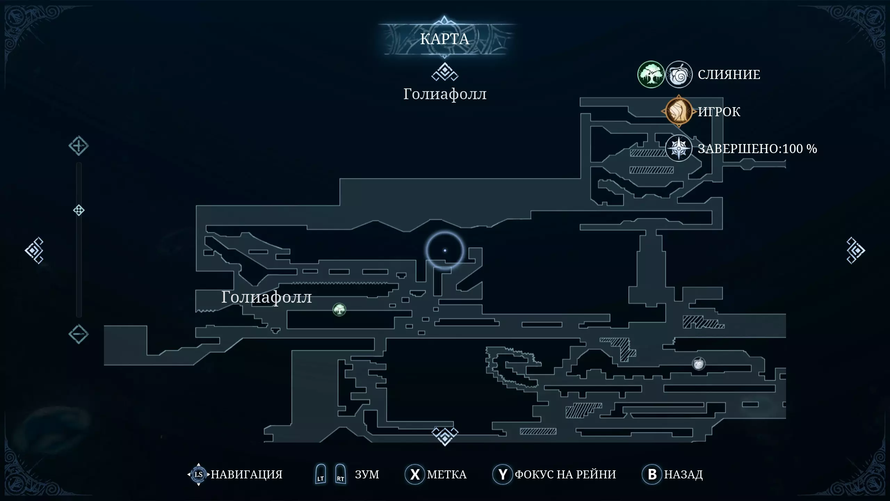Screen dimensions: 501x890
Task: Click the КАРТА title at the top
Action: tap(445, 39)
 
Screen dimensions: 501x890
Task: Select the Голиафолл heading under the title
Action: tap(445, 94)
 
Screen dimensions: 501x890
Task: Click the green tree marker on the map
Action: tap(339, 309)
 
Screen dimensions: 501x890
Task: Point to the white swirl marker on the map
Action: tap(698, 364)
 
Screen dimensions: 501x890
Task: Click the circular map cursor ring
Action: tap(445, 250)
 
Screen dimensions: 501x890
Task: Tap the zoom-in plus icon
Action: tap(78, 146)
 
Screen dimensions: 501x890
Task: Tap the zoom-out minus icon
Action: tap(78, 334)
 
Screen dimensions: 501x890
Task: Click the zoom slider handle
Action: tap(79, 210)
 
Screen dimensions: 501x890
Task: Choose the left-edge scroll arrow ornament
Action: tap(34, 250)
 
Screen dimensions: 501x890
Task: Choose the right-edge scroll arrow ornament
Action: tap(855, 250)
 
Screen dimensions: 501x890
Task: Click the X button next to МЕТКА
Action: tap(414, 474)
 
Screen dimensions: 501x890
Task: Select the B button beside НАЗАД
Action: tap(652, 474)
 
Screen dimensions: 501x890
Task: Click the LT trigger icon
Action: tap(320, 474)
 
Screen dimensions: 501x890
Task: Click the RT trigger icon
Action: tap(340, 474)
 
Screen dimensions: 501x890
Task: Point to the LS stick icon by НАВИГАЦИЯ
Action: tap(199, 474)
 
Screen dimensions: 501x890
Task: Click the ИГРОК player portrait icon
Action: tap(678, 111)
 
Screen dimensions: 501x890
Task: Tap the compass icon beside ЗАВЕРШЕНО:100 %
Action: tap(679, 149)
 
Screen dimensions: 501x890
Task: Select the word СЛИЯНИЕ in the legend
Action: tap(729, 74)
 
